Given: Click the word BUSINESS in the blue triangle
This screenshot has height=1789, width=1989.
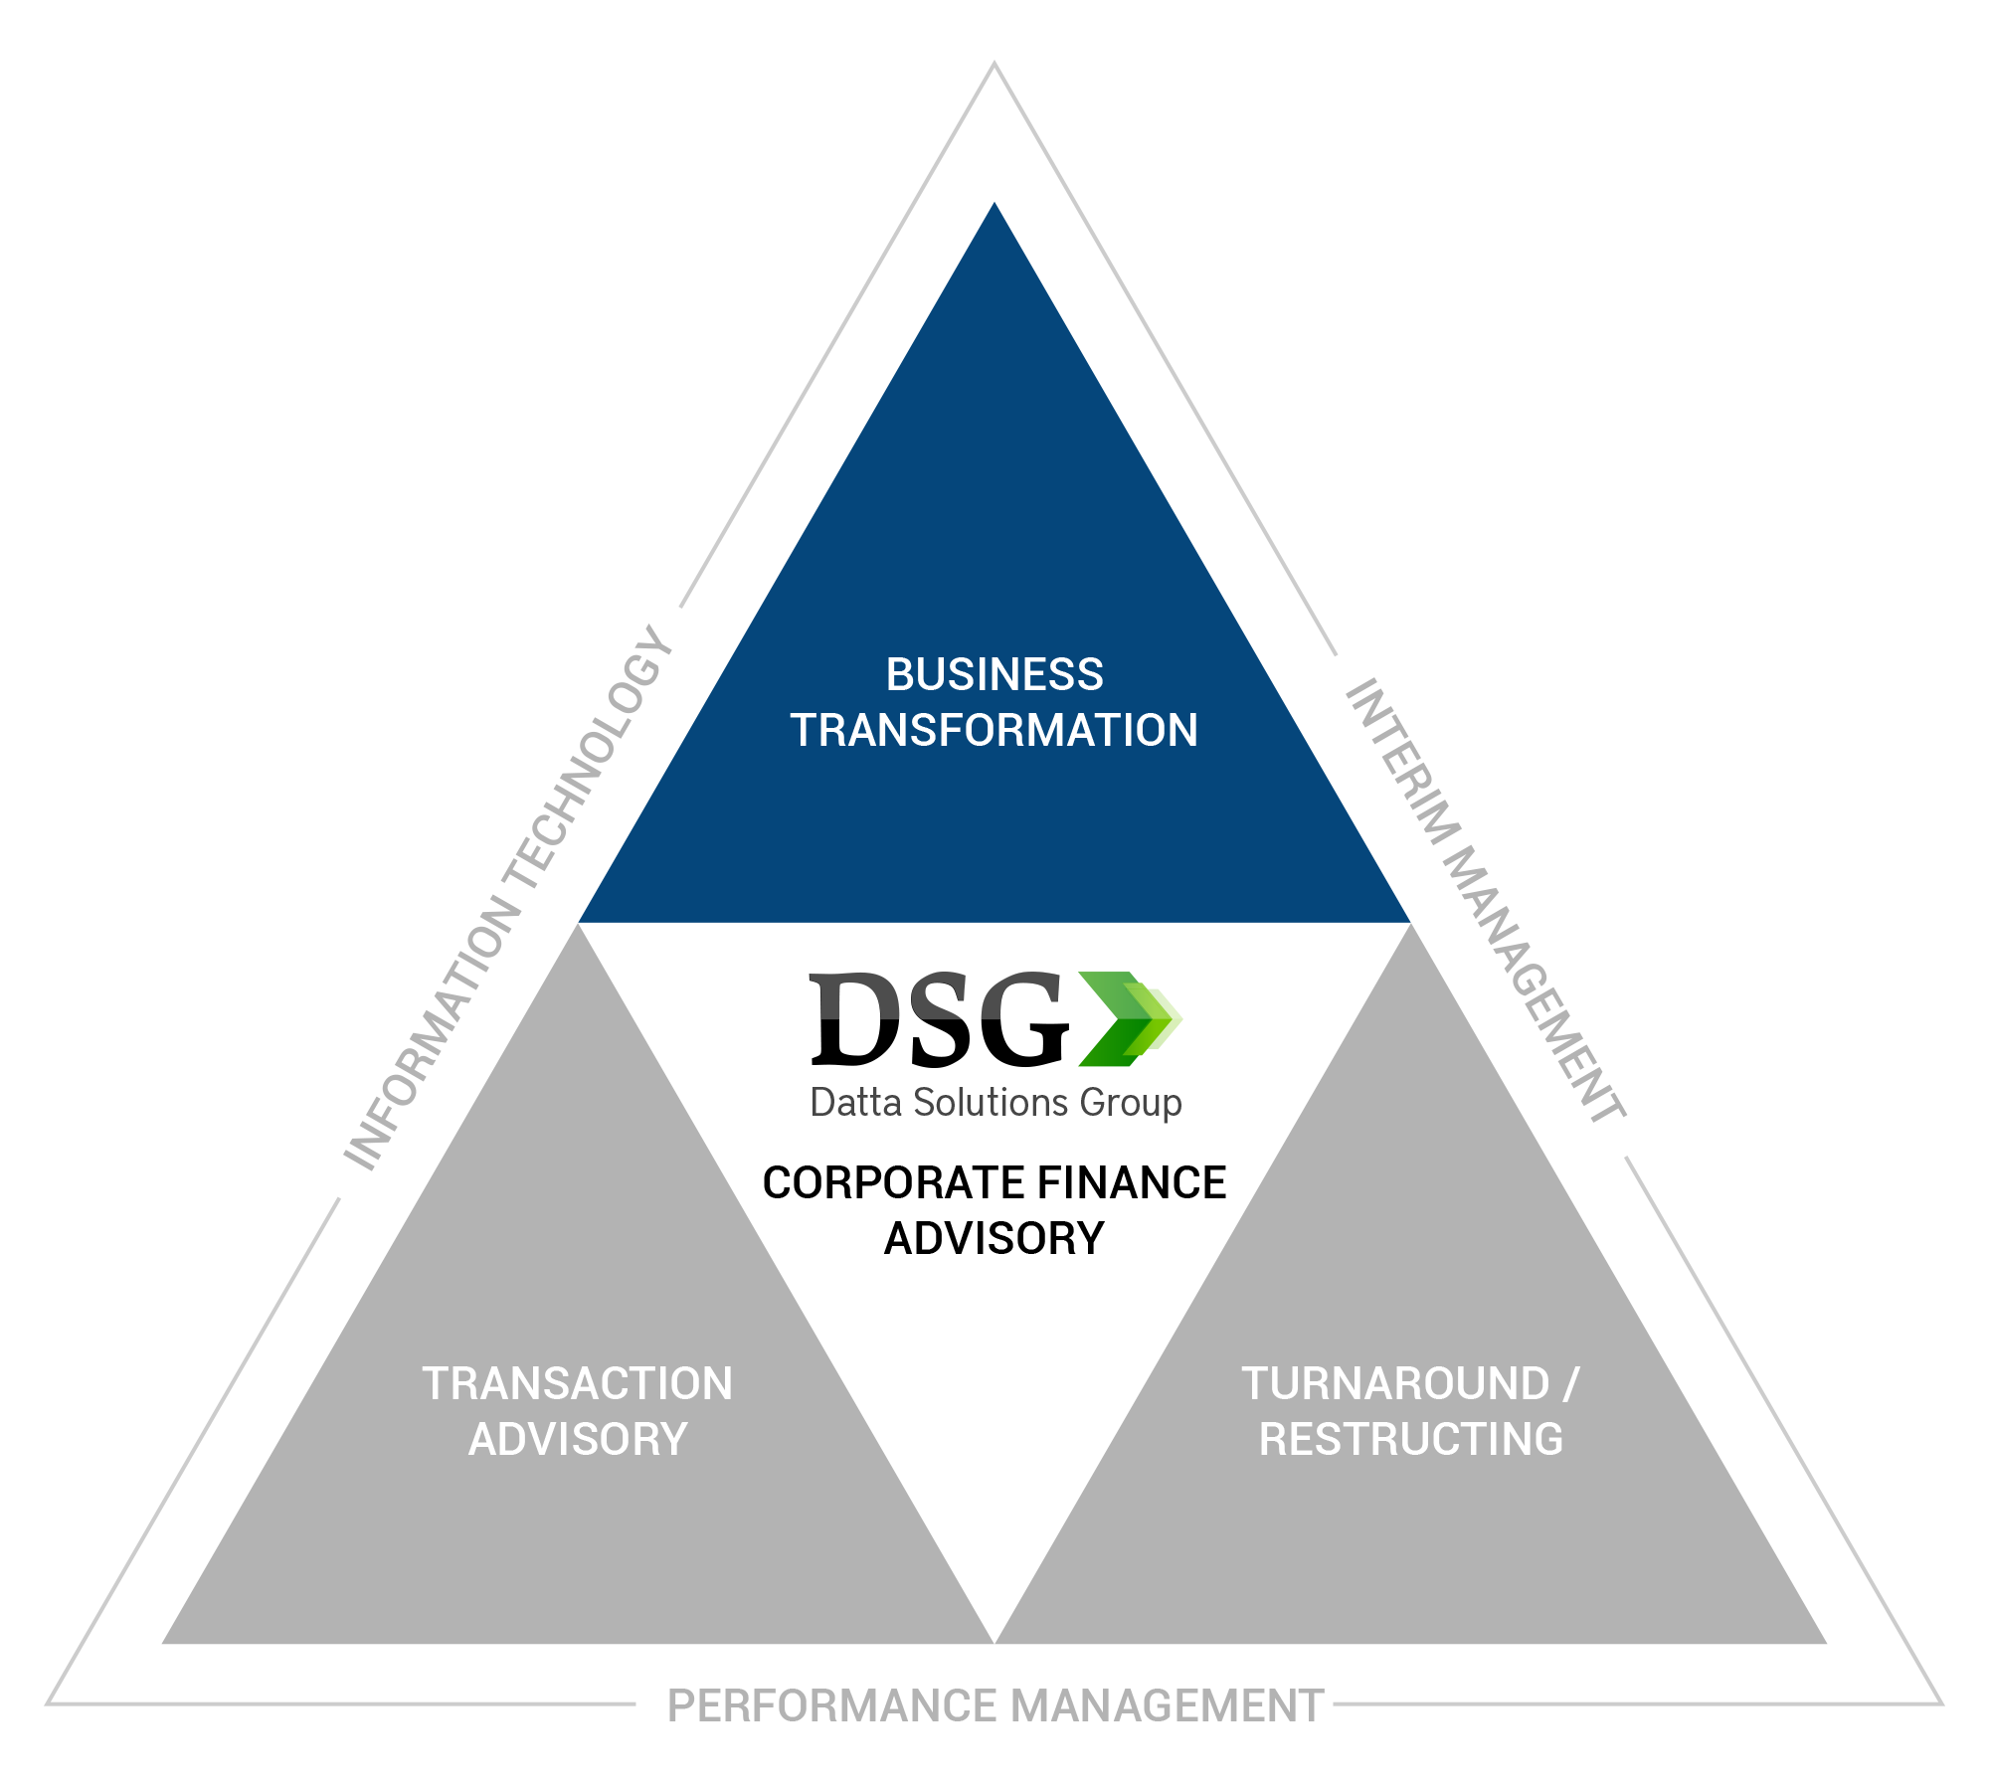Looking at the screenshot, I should pos(994,675).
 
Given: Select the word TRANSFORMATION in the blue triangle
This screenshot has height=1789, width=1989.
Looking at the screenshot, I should pos(994,731).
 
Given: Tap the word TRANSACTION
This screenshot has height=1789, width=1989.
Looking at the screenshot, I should pos(577,1384).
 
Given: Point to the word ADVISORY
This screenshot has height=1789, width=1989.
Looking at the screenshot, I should pos(578,1440).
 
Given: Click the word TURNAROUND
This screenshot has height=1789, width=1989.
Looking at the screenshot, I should pos(1395,1384).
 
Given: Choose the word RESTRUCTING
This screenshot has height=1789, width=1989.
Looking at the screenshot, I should pos(1411,1440).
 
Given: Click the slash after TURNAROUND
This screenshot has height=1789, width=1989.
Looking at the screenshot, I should pos(1571,1384).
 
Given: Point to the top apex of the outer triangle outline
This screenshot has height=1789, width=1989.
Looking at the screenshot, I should pos(994,65).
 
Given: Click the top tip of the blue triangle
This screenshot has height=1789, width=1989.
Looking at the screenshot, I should pos(994,207).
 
